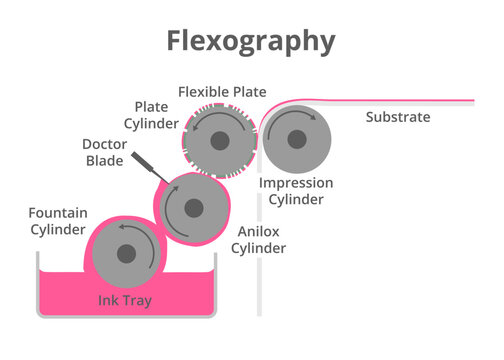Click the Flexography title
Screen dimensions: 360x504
click(x=251, y=41)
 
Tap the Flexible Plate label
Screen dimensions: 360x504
click(x=222, y=92)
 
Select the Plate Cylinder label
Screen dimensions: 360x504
click(x=157, y=115)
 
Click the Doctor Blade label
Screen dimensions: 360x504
click(x=104, y=152)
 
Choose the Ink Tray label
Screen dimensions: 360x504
click(x=124, y=300)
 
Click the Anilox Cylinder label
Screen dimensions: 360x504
click(x=259, y=239)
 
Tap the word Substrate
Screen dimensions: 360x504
click(x=397, y=117)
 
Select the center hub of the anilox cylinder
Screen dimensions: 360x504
click(x=192, y=209)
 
